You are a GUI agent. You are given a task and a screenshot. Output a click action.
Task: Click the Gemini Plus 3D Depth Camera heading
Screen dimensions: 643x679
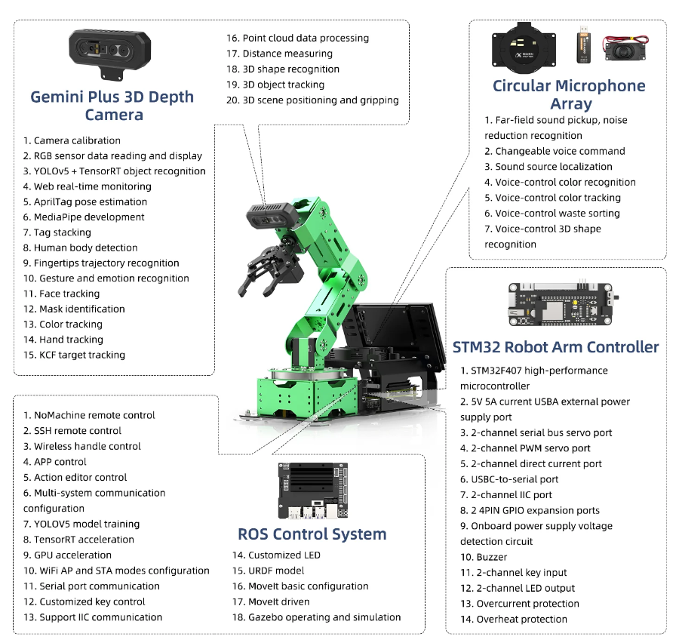point(112,106)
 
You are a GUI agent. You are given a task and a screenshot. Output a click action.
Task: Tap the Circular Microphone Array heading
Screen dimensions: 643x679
point(569,94)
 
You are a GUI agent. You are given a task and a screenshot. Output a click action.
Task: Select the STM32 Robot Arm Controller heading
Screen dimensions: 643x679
point(555,347)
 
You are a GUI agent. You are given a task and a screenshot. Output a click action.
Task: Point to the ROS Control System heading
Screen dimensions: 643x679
point(312,534)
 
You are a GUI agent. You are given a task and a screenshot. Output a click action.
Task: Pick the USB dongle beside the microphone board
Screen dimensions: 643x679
point(584,46)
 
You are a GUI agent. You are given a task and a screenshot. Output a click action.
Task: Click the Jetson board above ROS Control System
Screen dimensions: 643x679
point(312,491)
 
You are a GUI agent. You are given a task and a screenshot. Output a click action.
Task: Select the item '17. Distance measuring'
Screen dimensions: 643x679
point(279,54)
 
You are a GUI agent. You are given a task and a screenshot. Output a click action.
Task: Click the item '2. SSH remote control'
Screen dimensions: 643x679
point(72,431)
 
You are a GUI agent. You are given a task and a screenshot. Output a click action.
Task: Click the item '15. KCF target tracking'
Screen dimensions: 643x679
point(74,355)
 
